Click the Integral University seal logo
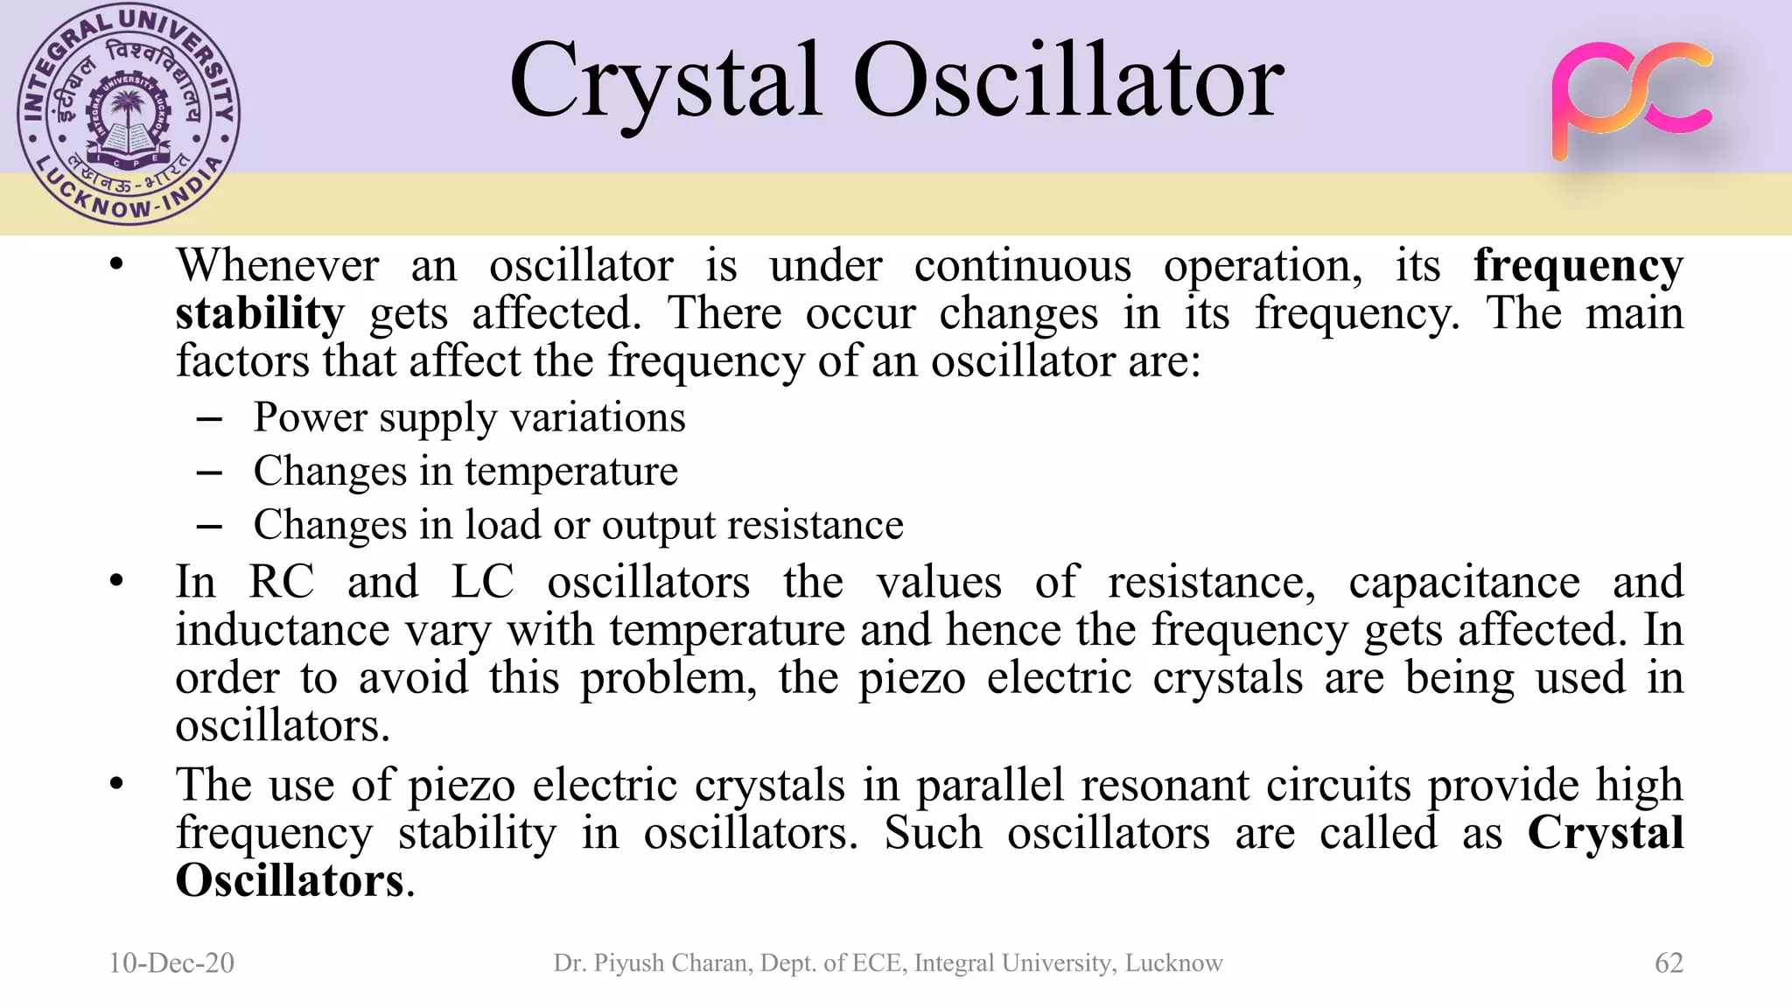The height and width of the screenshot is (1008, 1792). [x=129, y=115]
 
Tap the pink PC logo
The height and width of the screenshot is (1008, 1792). [x=1632, y=100]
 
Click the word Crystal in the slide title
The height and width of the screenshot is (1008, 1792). [x=665, y=83]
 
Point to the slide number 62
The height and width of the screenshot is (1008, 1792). [x=1669, y=962]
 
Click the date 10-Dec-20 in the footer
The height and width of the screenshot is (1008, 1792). [x=171, y=962]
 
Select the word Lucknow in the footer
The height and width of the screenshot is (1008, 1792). [x=1173, y=962]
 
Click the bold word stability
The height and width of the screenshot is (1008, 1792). [x=260, y=313]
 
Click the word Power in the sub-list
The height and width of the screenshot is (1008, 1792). [x=310, y=416]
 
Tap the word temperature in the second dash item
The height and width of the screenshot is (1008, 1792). [x=570, y=471]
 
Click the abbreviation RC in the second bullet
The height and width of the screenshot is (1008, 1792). [x=281, y=582]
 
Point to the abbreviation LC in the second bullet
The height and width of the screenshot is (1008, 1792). [x=482, y=582]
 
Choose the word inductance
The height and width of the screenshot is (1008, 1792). [x=282, y=630]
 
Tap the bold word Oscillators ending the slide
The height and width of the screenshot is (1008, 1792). [x=290, y=880]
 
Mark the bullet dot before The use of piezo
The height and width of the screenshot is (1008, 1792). [x=117, y=784]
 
